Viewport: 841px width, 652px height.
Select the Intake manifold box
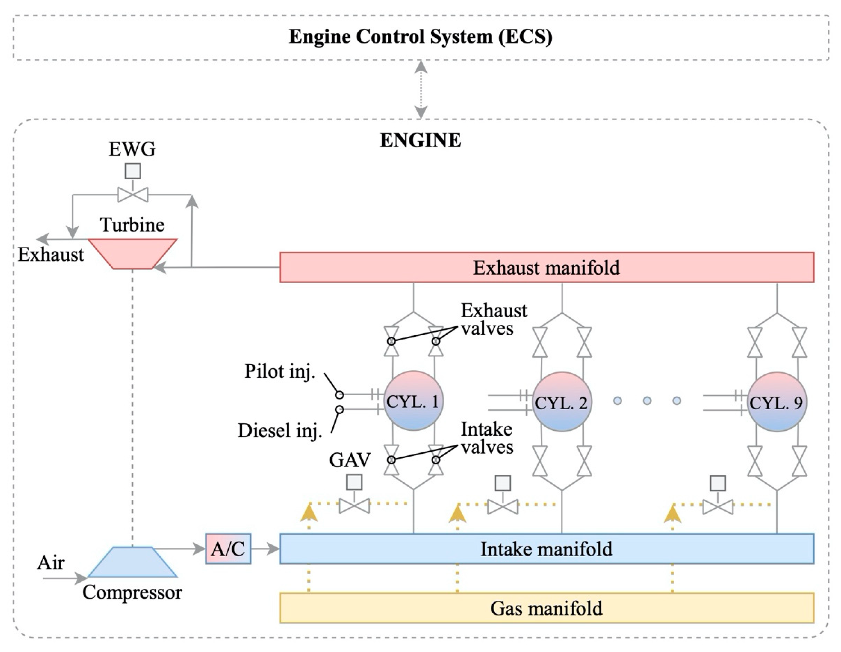[546, 549]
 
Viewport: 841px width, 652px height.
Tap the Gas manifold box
[546, 608]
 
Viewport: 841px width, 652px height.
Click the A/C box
[228, 549]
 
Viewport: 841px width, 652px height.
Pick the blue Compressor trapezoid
[133, 562]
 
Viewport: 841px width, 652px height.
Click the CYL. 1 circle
[414, 401]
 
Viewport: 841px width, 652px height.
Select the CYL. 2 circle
[562, 402]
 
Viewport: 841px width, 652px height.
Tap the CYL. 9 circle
[777, 402]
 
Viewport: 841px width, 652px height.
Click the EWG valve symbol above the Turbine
[133, 195]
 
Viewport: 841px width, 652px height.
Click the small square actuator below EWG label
[133, 171]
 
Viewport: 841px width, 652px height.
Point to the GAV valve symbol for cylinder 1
[354, 506]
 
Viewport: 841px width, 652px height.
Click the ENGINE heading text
[421, 140]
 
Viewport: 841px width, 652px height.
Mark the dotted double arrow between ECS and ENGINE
[421, 89]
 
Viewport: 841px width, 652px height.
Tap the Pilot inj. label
[280, 371]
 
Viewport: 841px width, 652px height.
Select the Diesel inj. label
[280, 430]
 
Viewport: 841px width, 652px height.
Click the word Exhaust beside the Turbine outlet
[51, 255]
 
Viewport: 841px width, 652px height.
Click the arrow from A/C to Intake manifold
[265, 549]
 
